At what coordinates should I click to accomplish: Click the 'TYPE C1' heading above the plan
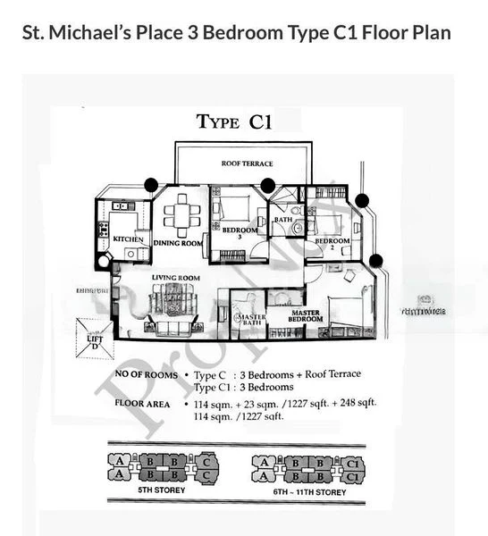point(233,122)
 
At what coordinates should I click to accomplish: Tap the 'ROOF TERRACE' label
point(247,163)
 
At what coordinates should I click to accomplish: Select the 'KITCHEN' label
point(128,239)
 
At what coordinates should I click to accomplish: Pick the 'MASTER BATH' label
point(249,318)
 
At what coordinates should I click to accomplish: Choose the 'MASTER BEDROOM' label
point(306,317)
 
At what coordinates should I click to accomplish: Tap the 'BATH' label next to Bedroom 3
point(283,220)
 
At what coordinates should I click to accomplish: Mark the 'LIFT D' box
point(95,339)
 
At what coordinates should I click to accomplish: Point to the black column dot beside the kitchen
point(151,185)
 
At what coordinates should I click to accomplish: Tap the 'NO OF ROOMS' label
point(146,374)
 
